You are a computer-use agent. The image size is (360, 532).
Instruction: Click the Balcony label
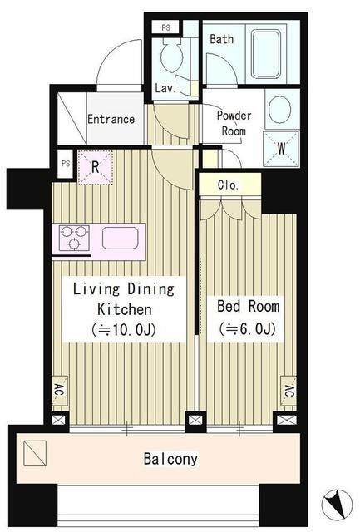tap(170, 459)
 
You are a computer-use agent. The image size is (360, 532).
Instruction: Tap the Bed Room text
tap(249, 306)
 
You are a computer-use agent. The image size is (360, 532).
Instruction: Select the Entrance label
tap(111, 119)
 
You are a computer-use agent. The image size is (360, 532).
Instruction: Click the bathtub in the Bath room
tap(266, 54)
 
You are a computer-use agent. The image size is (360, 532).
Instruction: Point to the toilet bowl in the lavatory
tap(172, 56)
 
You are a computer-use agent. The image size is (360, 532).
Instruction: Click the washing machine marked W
tap(281, 149)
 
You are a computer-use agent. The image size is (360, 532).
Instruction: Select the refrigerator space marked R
tap(96, 167)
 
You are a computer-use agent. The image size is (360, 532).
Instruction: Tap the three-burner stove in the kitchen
tap(74, 238)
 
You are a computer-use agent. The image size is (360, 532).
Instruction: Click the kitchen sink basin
tap(120, 239)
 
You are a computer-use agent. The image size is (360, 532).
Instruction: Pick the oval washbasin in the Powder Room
tap(279, 109)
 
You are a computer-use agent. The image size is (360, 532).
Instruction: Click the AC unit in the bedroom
tap(288, 391)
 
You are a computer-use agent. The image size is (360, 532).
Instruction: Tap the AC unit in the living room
tap(59, 391)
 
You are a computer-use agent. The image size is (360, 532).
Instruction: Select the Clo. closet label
tap(229, 185)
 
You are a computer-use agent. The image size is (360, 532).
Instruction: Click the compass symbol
tap(338, 505)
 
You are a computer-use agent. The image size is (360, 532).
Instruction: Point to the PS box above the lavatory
tap(165, 27)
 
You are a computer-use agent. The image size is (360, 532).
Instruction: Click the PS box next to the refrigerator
tap(66, 164)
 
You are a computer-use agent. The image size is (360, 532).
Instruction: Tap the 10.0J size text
tap(124, 329)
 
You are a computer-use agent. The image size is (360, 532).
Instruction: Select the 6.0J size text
tap(248, 328)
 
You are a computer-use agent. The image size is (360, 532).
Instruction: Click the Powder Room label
tap(234, 123)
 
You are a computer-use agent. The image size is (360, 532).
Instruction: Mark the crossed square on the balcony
tap(35, 453)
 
